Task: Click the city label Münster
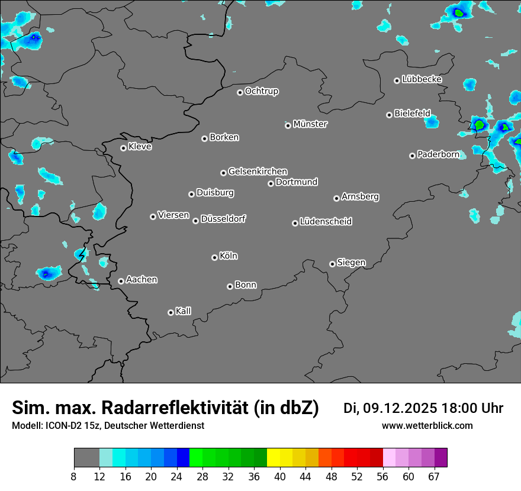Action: [x=310, y=124]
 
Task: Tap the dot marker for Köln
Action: [x=214, y=257]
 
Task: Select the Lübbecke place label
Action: [x=422, y=79]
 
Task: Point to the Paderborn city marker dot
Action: [x=412, y=156]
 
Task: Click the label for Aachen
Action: [x=141, y=280]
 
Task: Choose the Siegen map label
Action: [x=351, y=263]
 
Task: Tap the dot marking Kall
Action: [x=171, y=312]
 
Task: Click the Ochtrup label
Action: [x=261, y=91]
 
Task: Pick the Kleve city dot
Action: [x=123, y=148]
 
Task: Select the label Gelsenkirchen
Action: [x=258, y=172]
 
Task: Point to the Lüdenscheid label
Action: [x=326, y=222]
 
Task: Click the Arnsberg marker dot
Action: [x=336, y=198]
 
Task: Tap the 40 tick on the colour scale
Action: [x=280, y=476]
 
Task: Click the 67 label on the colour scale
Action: [x=434, y=476]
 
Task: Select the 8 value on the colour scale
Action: [x=74, y=476]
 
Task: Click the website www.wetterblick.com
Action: [x=427, y=426]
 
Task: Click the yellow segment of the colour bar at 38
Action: [x=273, y=458]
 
